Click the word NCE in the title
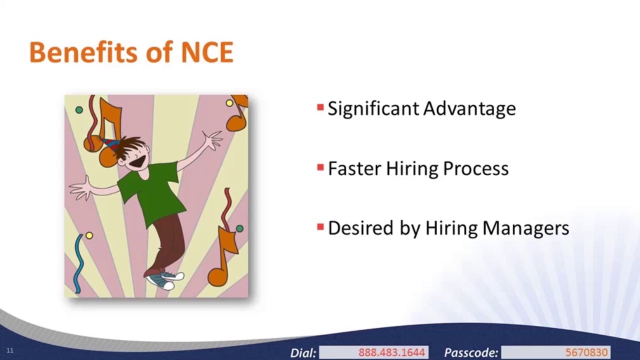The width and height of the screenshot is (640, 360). click(207, 52)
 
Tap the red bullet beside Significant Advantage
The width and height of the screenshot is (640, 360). click(320, 107)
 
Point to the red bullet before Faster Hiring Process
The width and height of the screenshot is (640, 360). click(320, 167)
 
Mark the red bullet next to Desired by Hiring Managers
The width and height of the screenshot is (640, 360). click(320, 227)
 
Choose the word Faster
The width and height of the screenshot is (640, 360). click(354, 168)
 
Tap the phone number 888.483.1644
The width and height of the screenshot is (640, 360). click(391, 352)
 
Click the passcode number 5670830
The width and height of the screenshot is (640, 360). click(586, 352)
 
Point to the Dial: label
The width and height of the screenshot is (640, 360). click(303, 352)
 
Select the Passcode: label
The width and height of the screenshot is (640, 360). click(471, 352)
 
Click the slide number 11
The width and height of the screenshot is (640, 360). click(9, 350)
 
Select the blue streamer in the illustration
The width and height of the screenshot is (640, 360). click(78, 262)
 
